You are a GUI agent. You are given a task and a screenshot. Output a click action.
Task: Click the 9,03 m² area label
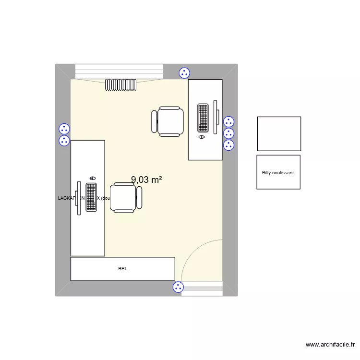coord(146,180)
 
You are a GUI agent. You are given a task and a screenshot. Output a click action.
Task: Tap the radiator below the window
coord(121,85)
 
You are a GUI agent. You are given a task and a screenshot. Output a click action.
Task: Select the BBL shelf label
coord(123,269)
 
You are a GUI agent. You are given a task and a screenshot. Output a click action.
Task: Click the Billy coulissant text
coord(278,173)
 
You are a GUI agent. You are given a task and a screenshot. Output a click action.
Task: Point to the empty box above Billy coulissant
coord(279,133)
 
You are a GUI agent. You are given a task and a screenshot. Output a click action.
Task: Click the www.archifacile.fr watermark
coord(330,344)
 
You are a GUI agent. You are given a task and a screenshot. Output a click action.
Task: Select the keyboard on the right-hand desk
coord(203,118)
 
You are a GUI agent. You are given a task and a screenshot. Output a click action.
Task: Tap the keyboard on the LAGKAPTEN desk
coord(91,197)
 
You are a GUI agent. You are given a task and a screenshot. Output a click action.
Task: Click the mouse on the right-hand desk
coord(202,137)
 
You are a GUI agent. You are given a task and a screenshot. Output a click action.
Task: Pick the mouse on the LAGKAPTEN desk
coord(92,178)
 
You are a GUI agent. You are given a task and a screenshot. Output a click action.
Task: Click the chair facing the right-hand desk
coord(168,122)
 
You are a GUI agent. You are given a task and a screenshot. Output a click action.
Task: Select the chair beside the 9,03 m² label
coord(126,197)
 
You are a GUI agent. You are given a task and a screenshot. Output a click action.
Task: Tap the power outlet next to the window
coord(184,73)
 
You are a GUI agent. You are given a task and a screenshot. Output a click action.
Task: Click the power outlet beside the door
coord(178,288)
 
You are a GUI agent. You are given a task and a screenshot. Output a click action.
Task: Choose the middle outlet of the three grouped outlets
coord(229,133)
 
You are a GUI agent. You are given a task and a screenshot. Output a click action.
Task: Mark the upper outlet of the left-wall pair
coord(64,129)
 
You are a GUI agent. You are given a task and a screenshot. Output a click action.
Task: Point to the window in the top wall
coord(120,72)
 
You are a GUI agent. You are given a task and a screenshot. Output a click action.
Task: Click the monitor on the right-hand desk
coord(216,118)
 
